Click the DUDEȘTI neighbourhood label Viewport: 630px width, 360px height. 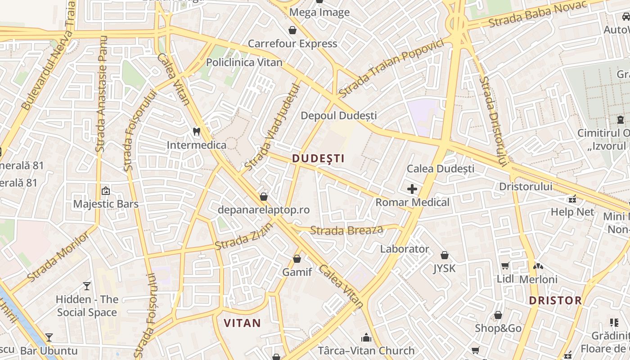318,158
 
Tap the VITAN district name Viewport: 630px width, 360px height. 242,323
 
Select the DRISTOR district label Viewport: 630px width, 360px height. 555,300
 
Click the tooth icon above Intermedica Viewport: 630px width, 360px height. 196,131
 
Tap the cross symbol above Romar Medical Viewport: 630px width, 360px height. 412,189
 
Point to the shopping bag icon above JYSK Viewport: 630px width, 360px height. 445,255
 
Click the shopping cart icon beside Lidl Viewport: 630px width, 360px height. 505,266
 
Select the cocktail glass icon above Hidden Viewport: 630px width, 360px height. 87,286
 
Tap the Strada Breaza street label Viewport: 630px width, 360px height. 346,230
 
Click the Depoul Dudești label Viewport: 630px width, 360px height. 338,116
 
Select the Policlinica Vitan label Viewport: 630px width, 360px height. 244,62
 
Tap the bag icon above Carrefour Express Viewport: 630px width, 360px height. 292,30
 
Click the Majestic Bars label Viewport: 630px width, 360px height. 106,204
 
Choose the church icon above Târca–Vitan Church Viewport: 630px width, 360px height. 366,337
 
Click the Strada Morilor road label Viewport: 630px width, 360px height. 58,258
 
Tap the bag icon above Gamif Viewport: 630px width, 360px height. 297,259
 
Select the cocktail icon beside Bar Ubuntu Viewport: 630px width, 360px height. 49,337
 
